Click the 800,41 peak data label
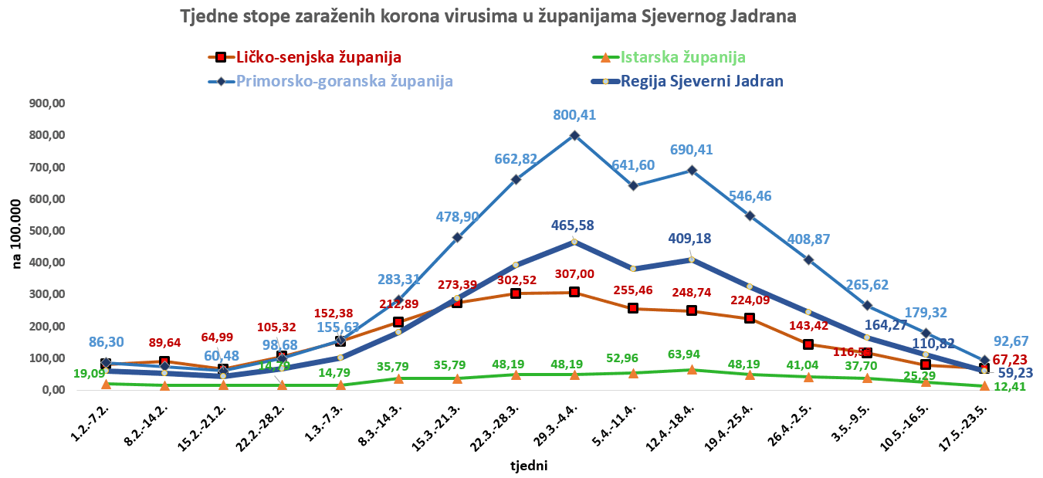pos(574,115)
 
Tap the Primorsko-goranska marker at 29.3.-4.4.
pos(574,135)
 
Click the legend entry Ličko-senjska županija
pos(319,57)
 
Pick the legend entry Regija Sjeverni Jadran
pos(703,81)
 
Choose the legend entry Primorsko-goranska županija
pos(344,81)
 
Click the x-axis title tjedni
pos(528,466)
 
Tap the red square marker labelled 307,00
pos(574,292)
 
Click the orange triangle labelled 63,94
pos(692,370)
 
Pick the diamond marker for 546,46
pos(750,215)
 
